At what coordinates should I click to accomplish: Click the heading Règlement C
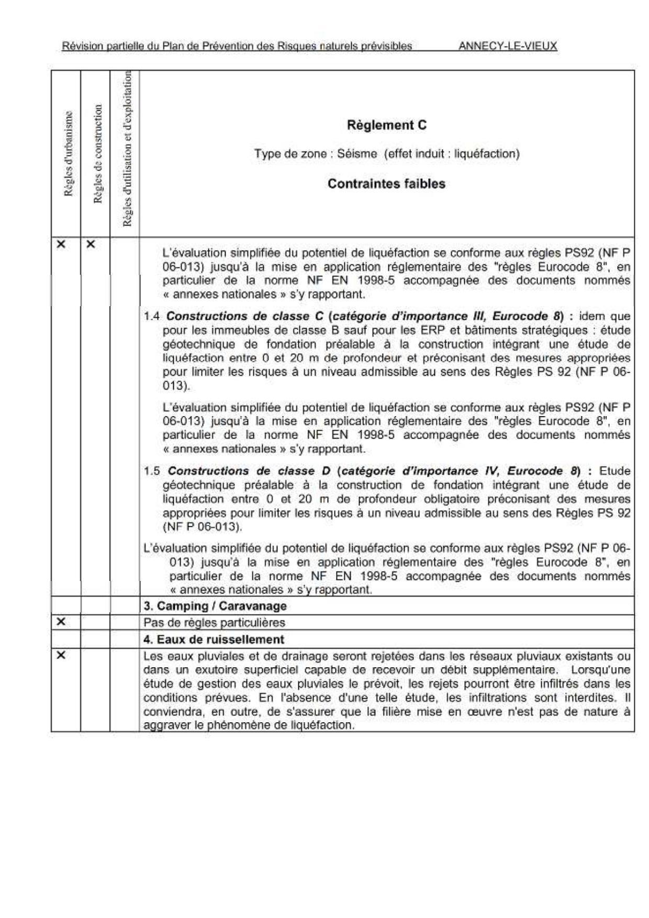[x=386, y=125]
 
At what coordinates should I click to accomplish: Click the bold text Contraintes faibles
[x=386, y=184]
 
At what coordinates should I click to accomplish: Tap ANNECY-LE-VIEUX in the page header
[x=508, y=46]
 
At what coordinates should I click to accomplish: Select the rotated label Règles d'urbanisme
[x=68, y=154]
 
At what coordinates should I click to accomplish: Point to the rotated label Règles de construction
[x=97, y=154]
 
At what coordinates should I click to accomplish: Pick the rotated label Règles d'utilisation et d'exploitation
[x=127, y=149]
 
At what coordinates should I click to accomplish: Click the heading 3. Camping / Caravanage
[x=215, y=606]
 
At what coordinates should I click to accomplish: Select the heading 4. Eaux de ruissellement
[x=214, y=639]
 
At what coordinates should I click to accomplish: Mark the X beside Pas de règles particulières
[x=61, y=622]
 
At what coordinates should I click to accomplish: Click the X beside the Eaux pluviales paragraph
[x=61, y=655]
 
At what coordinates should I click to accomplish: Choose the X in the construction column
[x=91, y=244]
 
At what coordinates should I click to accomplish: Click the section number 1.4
[x=152, y=317]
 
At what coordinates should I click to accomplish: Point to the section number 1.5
[x=152, y=471]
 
